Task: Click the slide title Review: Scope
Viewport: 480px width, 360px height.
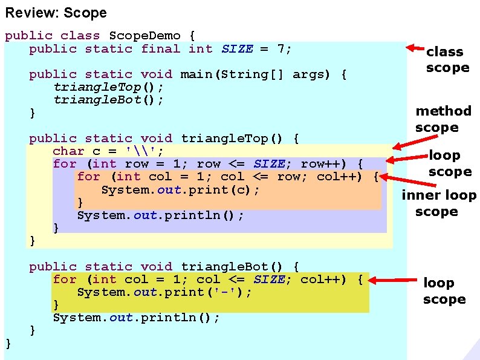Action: coord(56,13)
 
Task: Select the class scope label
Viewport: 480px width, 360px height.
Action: coord(447,60)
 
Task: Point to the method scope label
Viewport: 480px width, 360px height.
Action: coord(443,119)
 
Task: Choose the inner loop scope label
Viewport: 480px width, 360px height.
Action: coord(439,203)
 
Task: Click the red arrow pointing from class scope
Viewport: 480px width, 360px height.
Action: coord(415,48)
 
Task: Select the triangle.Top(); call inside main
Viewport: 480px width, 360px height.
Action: coord(108,87)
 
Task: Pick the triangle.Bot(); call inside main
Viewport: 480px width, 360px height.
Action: coord(108,100)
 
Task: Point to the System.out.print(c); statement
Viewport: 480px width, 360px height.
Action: coord(180,189)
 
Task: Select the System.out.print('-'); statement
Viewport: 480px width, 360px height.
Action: coord(164,292)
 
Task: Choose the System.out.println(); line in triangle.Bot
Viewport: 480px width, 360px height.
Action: coord(136,318)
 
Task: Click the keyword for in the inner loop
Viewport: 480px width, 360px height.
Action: coord(88,177)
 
